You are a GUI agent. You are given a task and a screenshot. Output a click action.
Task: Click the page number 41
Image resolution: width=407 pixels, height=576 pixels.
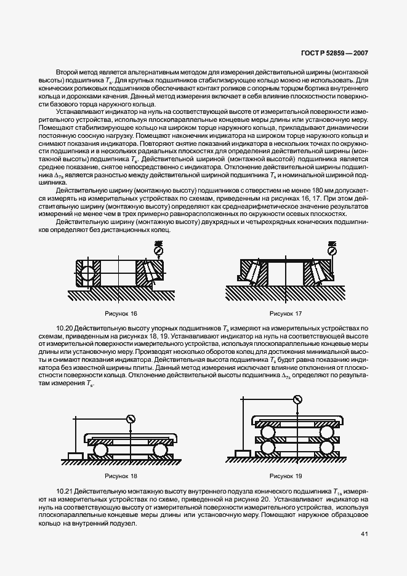(x=364, y=535)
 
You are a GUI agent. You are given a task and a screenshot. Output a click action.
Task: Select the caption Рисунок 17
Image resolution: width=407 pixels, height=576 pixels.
(x=284, y=313)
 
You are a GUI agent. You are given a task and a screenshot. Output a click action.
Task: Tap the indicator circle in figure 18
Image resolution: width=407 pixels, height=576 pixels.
(x=131, y=419)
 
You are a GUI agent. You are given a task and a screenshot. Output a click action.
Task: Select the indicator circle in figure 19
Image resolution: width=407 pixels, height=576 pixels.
(x=299, y=400)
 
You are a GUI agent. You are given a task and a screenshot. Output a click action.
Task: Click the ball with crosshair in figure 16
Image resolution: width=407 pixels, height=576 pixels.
(x=86, y=271)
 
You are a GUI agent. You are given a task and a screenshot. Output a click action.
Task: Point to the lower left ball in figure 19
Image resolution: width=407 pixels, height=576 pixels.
(x=268, y=448)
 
